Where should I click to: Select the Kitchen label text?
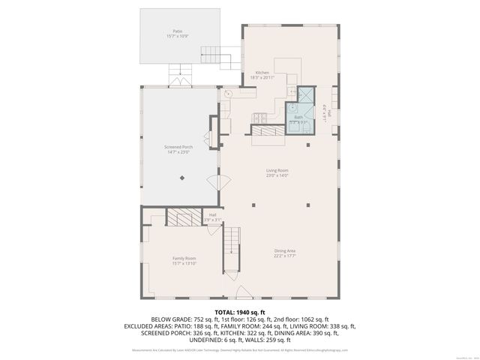[262, 73]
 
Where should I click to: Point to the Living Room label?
[277, 171]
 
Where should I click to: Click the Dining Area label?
[284, 250]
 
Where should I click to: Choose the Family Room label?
[184, 258]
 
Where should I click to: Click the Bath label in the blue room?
[298, 117]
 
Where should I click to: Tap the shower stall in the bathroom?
[307, 95]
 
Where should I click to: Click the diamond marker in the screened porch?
[182, 178]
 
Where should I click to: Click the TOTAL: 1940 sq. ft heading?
[240, 312]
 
